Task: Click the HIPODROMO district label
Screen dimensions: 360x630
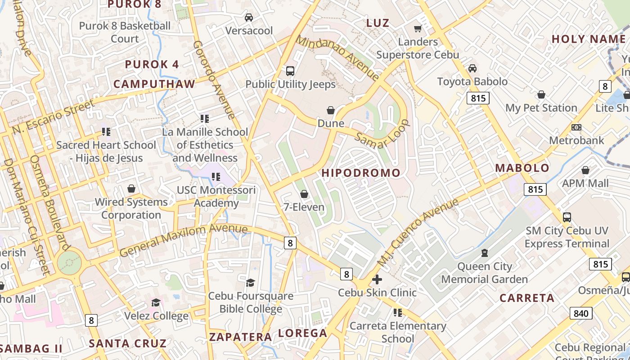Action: coord(361,173)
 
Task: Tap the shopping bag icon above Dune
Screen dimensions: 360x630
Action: coord(331,110)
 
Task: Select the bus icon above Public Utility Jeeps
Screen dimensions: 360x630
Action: coord(290,71)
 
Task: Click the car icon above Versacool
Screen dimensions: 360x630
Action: coord(248,18)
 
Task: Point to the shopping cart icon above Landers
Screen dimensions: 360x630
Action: coord(418,28)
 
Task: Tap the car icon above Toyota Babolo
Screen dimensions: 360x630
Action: coord(472,68)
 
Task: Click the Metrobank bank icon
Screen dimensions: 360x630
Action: coord(576,127)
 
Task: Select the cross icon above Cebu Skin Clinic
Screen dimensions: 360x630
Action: coord(377,279)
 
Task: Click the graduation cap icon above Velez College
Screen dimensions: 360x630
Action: coord(156,302)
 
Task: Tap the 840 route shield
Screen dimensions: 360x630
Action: coord(580,313)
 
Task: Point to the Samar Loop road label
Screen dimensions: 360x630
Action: coord(382,133)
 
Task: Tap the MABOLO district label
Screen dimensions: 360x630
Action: coord(522,168)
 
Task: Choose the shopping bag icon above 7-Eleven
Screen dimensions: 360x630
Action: coord(304,194)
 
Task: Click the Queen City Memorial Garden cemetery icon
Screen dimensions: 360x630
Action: coord(484,253)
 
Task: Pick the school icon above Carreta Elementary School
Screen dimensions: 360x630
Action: coord(397,312)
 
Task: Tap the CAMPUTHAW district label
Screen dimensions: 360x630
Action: coord(154,84)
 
